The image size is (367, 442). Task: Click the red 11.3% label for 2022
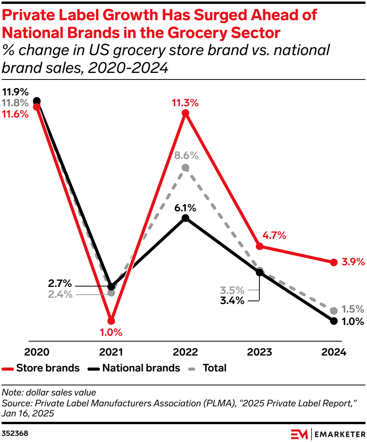point(185,103)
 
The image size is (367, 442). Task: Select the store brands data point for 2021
point(111,321)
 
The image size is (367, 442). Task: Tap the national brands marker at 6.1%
point(185,218)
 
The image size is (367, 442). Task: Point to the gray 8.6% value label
point(186,156)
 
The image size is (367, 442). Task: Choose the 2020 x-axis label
point(37,352)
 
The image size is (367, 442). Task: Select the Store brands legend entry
point(41,368)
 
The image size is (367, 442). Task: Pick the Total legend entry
point(208,368)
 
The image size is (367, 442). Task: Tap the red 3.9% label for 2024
point(353,262)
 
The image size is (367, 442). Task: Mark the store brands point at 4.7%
point(260,246)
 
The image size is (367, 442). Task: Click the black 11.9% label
point(15,92)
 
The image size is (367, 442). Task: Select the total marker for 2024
point(334,311)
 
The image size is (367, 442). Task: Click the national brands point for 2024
point(334,321)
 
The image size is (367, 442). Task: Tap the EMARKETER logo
point(327,433)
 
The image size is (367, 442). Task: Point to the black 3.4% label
point(232,300)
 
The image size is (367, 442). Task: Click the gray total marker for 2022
point(185,167)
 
